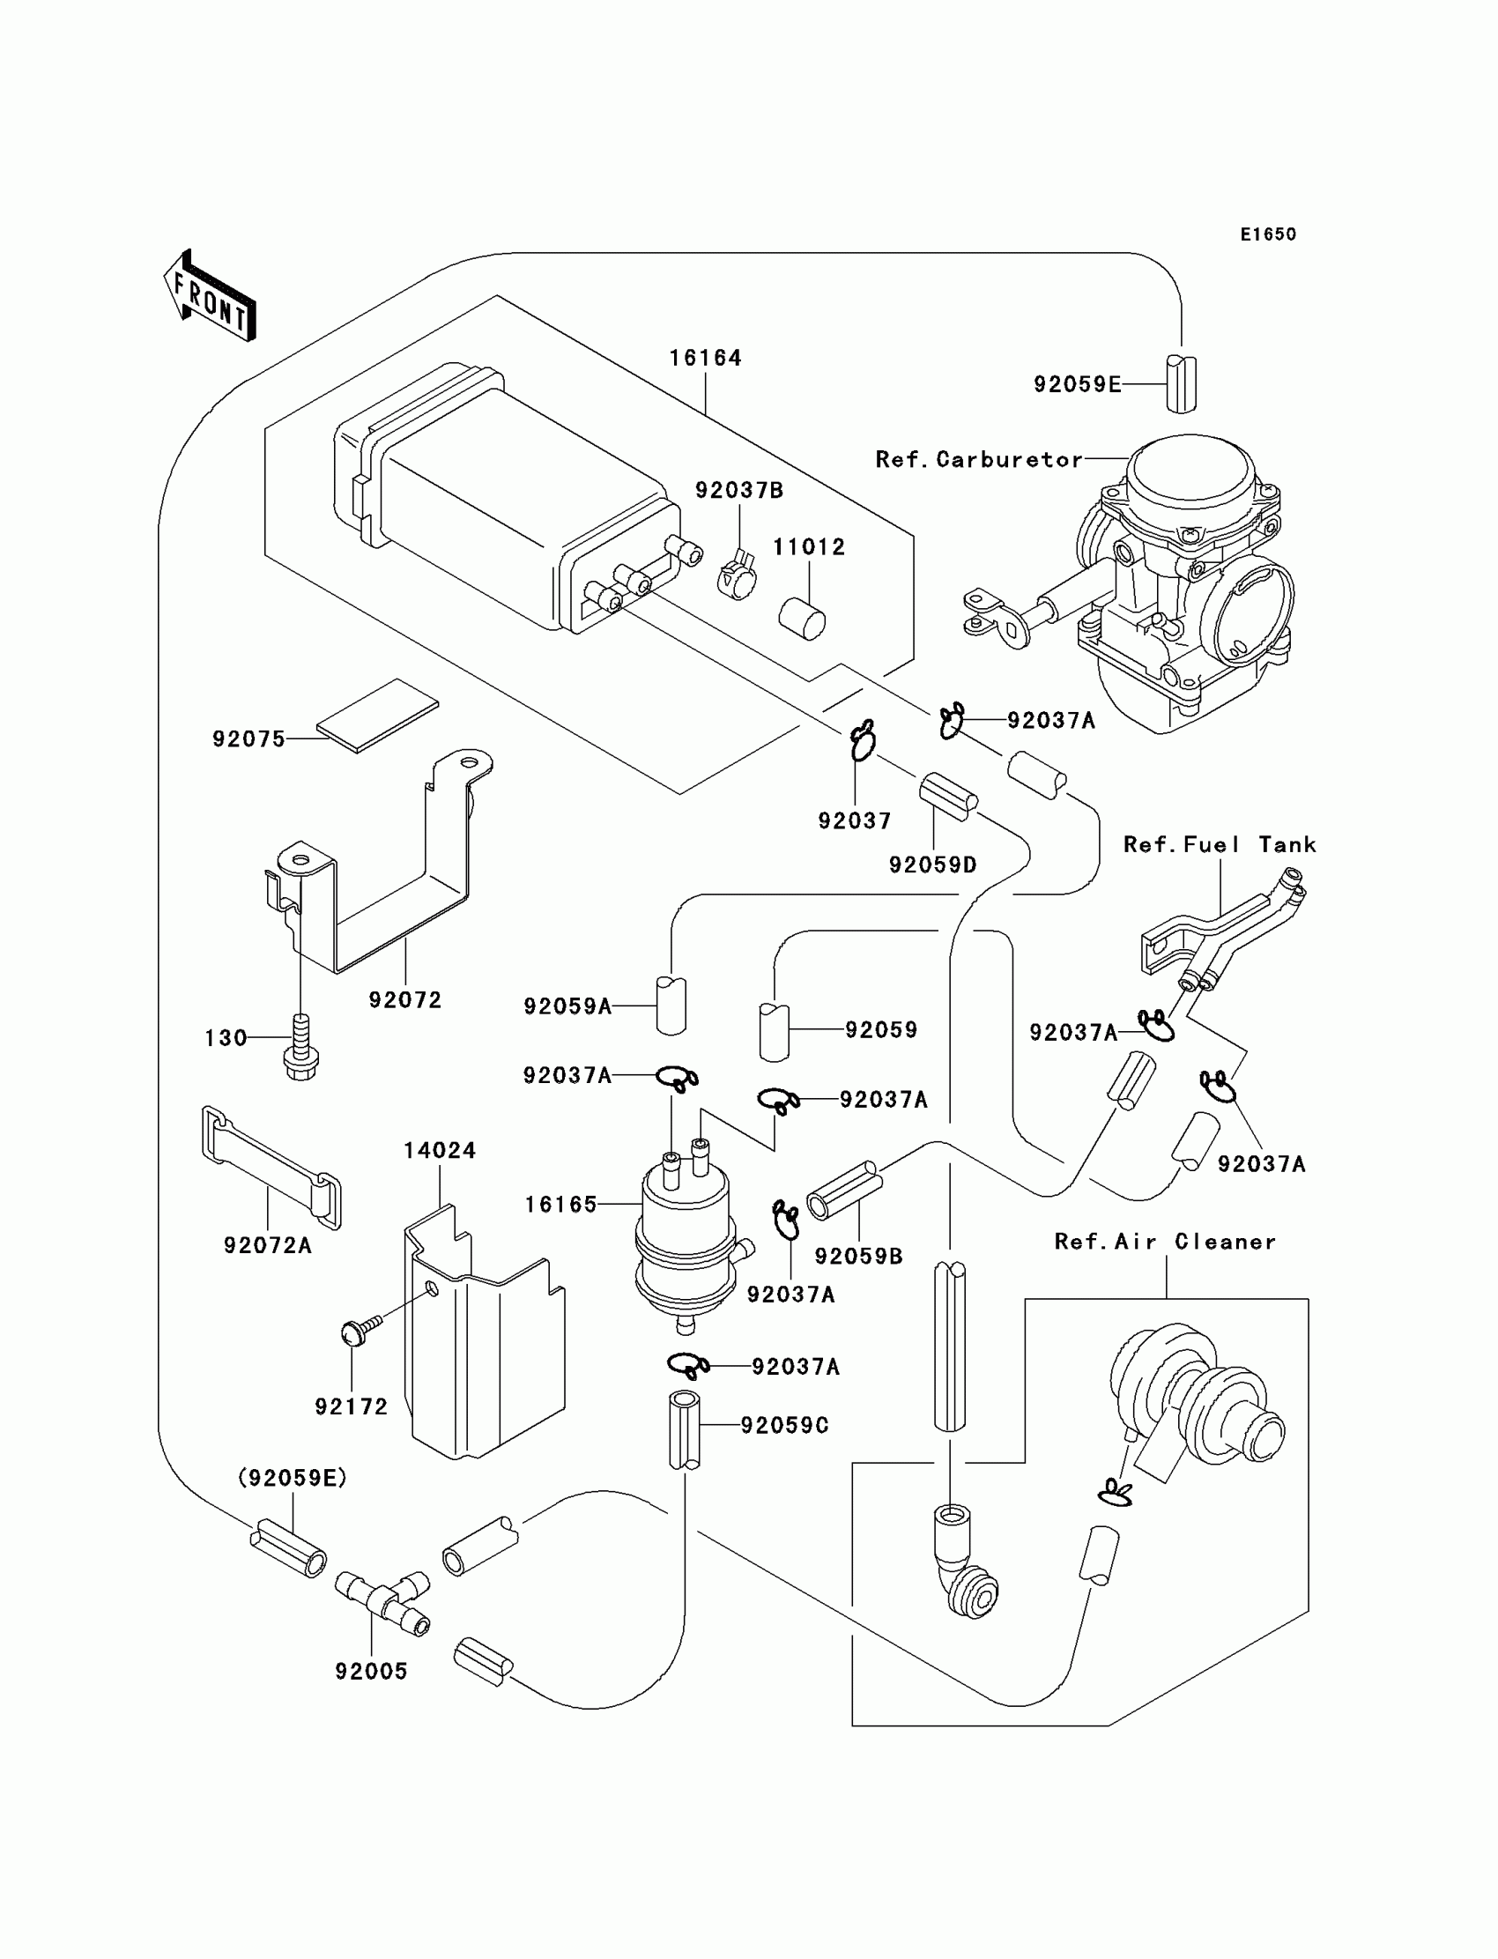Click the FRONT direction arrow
pos(210,296)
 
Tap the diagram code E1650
pos(1268,234)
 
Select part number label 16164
pos(705,359)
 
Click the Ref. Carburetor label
pos(979,460)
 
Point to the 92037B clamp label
pos(739,491)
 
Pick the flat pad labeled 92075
pos(378,715)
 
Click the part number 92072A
pos(268,1246)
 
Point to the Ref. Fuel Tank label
pos(1219,845)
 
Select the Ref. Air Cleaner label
pos(1165,1242)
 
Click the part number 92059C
pos(784,1426)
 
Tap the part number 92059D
pos(932,864)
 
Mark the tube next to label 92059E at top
pos(1182,384)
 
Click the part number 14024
pos(440,1150)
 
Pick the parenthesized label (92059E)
pos(293,1478)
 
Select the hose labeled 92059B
pos(844,1190)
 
